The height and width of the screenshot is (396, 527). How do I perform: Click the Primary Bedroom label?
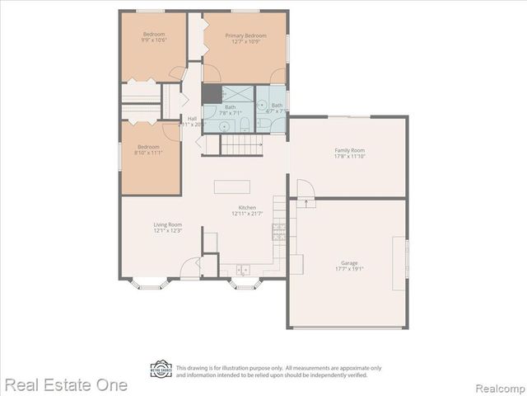(246, 35)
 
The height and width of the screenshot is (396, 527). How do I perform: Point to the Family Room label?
(349, 150)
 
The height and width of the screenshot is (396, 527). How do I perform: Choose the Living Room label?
(167, 224)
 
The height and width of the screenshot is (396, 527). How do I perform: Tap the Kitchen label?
(247, 207)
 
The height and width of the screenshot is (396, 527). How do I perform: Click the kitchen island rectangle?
(232, 186)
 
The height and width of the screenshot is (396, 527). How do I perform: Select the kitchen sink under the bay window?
(243, 270)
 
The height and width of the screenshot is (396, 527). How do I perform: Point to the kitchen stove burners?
(280, 230)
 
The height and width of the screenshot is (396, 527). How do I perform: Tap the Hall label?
(192, 118)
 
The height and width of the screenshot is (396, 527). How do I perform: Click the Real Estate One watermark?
(65, 384)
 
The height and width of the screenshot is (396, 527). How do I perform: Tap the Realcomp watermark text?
(497, 385)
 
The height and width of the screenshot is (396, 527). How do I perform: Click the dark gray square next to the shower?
(212, 93)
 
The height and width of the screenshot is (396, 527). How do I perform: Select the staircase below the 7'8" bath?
(242, 146)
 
